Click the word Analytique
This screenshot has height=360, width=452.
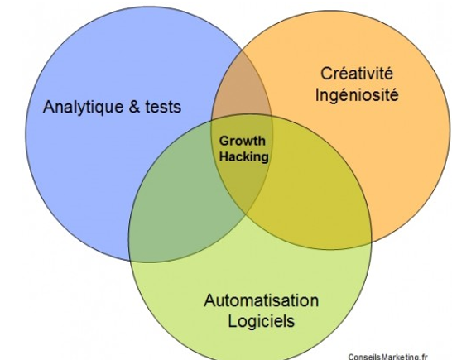pos(84,108)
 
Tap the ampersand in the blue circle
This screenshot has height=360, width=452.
pos(135,106)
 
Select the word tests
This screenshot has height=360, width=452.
pos(163,107)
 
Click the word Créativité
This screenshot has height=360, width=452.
pos(357,73)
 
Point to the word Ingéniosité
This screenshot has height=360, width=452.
pos(357,94)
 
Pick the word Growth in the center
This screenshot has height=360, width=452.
pos(242,142)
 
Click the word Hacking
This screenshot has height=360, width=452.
pos(244,156)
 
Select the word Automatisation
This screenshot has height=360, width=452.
pos(261,300)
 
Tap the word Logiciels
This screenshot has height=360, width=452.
pos(262,321)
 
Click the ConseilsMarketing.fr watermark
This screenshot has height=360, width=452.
pos(388,357)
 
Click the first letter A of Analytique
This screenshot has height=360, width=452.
pos(48,107)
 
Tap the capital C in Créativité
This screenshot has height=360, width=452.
pos(326,74)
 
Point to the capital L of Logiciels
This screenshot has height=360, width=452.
pos(233,321)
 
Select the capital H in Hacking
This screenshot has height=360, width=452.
pos(224,156)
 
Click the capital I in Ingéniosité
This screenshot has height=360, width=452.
pos(317,94)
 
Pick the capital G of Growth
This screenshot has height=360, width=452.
pos(224,141)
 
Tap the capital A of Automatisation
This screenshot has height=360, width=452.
pos(210,300)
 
